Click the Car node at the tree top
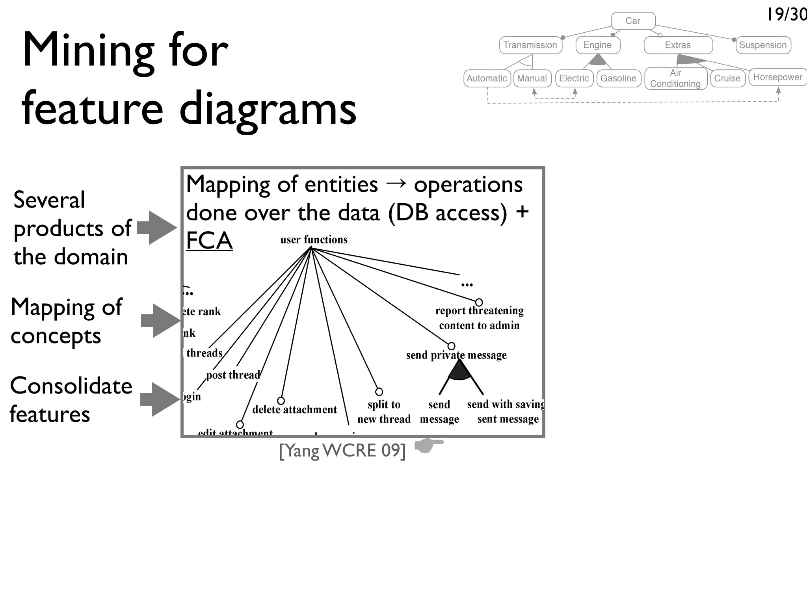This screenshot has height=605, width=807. coord(633,21)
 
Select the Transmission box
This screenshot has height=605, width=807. coord(530,45)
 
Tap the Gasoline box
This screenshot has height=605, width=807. coord(618,78)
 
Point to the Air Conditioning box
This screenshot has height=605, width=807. coord(675,78)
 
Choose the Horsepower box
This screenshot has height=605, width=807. coord(777,77)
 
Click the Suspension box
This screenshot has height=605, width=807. coord(763,45)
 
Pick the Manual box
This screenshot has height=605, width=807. coord(532,78)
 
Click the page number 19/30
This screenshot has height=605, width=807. coord(787,15)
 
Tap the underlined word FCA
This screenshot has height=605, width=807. coord(209,241)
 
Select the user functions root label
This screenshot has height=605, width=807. coord(314,239)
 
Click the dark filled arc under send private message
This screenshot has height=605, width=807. coord(459,371)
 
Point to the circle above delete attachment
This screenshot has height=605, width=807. coord(281,401)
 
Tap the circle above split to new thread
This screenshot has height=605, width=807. coord(379,392)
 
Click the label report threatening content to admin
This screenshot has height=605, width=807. coord(480,318)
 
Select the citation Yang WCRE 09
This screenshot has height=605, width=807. coord(342,450)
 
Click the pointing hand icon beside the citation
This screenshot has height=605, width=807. coord(428,445)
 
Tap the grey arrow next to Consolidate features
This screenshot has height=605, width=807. coord(160,399)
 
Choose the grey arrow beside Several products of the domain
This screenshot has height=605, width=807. coord(157,228)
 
